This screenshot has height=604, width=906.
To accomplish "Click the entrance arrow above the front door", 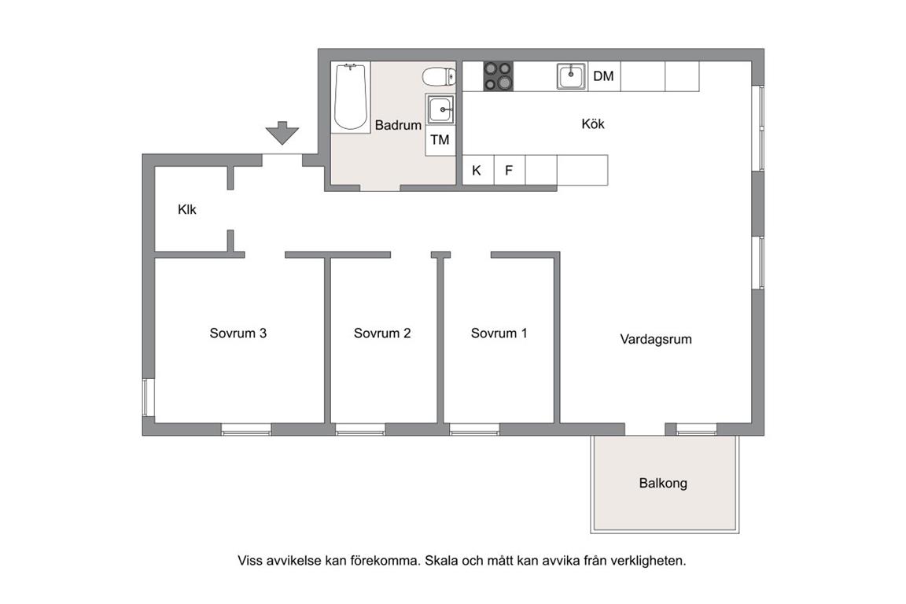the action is (x=282, y=132).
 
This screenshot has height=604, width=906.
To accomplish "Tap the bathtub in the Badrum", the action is (x=351, y=97).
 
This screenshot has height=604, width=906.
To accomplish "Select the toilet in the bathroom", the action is (x=439, y=76).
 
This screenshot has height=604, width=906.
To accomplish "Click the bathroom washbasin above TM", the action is (x=440, y=109).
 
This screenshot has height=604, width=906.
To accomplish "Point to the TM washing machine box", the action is (x=440, y=141).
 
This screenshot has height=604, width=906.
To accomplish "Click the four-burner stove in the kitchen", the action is (x=498, y=76).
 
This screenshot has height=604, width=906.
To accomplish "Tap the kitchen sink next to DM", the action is (x=572, y=76).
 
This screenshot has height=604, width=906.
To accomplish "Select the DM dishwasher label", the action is (x=603, y=76).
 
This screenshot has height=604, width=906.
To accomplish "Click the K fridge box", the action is (x=478, y=171).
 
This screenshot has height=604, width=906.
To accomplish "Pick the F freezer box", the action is (x=509, y=171).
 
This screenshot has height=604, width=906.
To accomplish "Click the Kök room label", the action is (x=593, y=123).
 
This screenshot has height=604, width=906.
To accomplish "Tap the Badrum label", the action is (x=398, y=125).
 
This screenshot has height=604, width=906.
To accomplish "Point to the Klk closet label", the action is (x=186, y=209).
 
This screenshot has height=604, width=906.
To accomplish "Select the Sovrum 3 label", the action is (x=238, y=333).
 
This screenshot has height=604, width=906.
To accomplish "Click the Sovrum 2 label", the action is (x=382, y=333).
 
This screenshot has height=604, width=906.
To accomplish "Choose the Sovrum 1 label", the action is (x=499, y=333).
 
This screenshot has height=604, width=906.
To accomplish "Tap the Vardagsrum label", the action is (x=656, y=339).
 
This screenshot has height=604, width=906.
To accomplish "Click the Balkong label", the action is (x=663, y=483).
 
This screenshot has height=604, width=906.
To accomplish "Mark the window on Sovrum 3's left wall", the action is (x=149, y=397).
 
